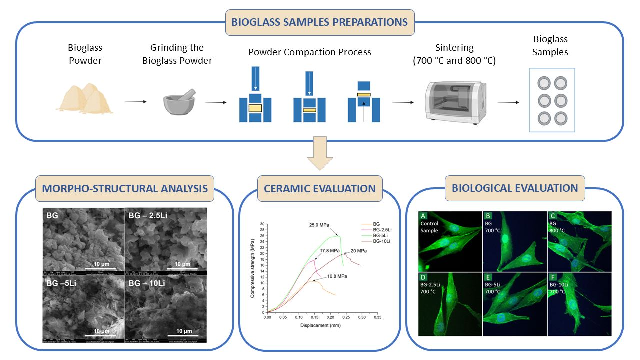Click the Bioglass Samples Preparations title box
coord(320,22)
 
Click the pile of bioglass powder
coord(84,97)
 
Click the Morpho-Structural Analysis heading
coord(124,189)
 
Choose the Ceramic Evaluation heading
coord(320,189)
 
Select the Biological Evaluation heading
coord(515,188)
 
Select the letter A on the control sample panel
coord(423,216)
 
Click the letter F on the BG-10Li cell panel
coord(552,277)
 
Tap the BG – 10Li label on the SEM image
coord(147,284)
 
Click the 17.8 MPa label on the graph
coord(330,251)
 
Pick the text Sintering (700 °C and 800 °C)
coord(454,55)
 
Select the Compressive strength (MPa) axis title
coord(253,268)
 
